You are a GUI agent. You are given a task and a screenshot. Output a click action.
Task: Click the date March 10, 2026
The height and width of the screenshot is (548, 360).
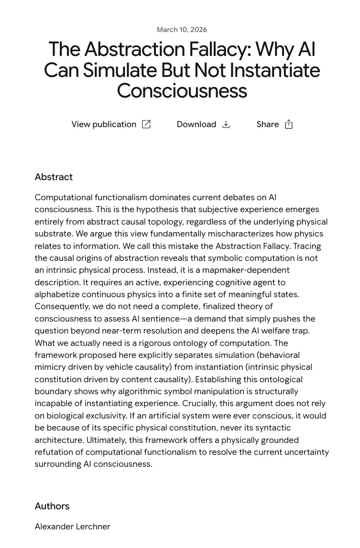[x=182, y=30]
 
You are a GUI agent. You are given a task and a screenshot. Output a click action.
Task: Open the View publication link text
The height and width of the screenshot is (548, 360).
[x=104, y=124]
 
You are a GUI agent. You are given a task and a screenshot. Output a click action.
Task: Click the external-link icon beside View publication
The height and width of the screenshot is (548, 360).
[x=146, y=124]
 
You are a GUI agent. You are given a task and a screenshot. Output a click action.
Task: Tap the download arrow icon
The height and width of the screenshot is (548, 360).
[x=226, y=124]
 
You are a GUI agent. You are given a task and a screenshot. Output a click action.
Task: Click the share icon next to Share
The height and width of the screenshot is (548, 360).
[x=289, y=124]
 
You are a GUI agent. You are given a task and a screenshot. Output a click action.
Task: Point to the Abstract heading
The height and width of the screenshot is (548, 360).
[x=54, y=177]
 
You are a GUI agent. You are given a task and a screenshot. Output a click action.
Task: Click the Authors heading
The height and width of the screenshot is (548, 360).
[x=52, y=506]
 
